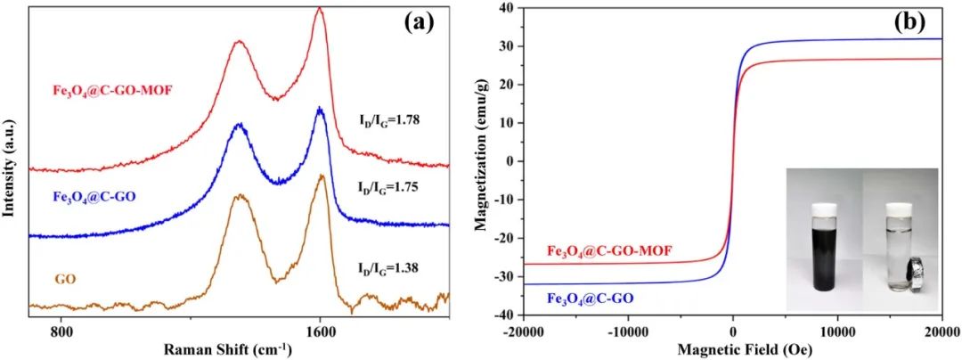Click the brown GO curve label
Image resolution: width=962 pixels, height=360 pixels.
coord(65,279)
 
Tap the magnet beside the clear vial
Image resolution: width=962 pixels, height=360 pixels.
coord(910,273)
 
